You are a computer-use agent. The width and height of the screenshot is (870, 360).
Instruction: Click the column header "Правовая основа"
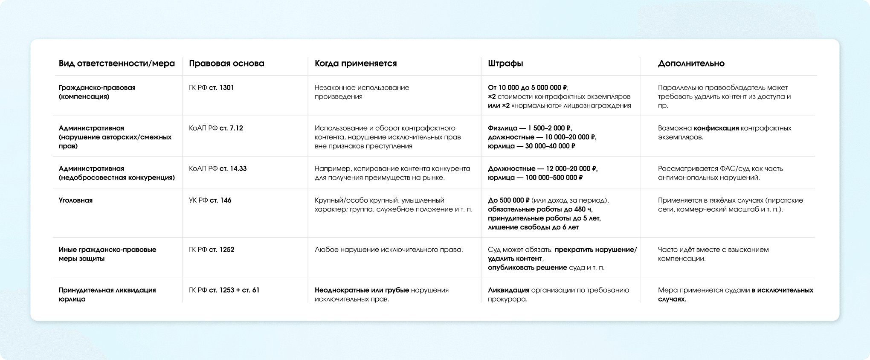226,64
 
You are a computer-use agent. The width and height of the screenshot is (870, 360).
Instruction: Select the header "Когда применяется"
356,64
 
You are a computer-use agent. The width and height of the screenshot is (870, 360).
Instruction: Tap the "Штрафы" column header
505,64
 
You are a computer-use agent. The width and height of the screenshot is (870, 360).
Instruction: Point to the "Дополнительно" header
691,64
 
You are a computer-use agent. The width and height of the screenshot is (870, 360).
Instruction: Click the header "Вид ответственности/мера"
117,64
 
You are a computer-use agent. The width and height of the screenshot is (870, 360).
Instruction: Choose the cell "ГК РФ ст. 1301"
212,88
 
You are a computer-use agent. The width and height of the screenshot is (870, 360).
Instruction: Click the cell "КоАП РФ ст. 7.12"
216,128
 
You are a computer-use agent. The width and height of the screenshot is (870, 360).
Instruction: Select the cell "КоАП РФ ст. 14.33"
217,168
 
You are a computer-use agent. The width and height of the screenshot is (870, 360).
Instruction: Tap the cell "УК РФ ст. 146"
210,200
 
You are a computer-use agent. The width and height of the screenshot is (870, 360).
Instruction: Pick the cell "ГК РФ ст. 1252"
212,250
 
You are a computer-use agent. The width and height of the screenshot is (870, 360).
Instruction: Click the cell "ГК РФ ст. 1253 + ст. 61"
224,290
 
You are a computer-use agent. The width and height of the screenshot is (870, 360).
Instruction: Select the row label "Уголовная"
75,200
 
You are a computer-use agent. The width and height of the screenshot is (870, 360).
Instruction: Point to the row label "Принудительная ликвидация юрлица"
107,294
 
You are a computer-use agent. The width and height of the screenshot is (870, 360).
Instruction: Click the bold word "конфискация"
716,128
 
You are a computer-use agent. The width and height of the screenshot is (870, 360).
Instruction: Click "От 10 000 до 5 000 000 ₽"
528,88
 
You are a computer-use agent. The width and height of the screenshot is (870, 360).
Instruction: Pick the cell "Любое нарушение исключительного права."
389,250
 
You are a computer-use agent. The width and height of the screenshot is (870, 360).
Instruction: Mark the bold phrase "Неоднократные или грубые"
362,290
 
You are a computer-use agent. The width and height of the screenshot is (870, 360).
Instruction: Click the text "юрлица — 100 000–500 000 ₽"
535,177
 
